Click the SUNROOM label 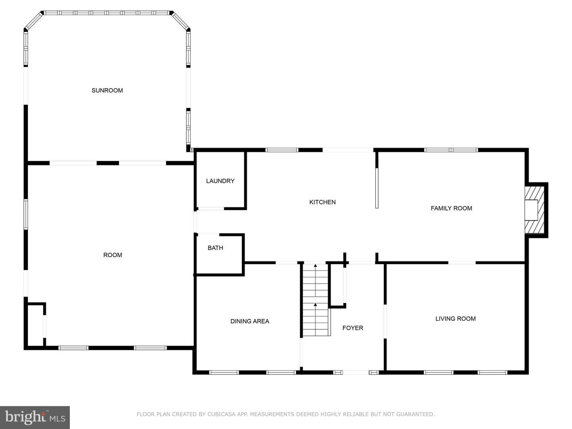click(107, 91)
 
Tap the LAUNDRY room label click(220, 181)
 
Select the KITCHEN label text click(323, 202)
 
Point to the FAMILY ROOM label click(451, 208)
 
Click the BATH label click(215, 248)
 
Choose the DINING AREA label click(249, 321)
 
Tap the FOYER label click(353, 328)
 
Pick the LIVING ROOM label click(456, 318)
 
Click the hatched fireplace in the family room click(534, 210)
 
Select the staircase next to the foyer click(315, 300)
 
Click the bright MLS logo click(35, 417)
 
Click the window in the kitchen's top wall click(282, 150)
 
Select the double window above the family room click(451, 150)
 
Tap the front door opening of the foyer click(356, 372)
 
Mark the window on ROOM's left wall click(26, 214)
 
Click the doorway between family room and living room click(462, 263)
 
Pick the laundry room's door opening click(211, 209)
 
